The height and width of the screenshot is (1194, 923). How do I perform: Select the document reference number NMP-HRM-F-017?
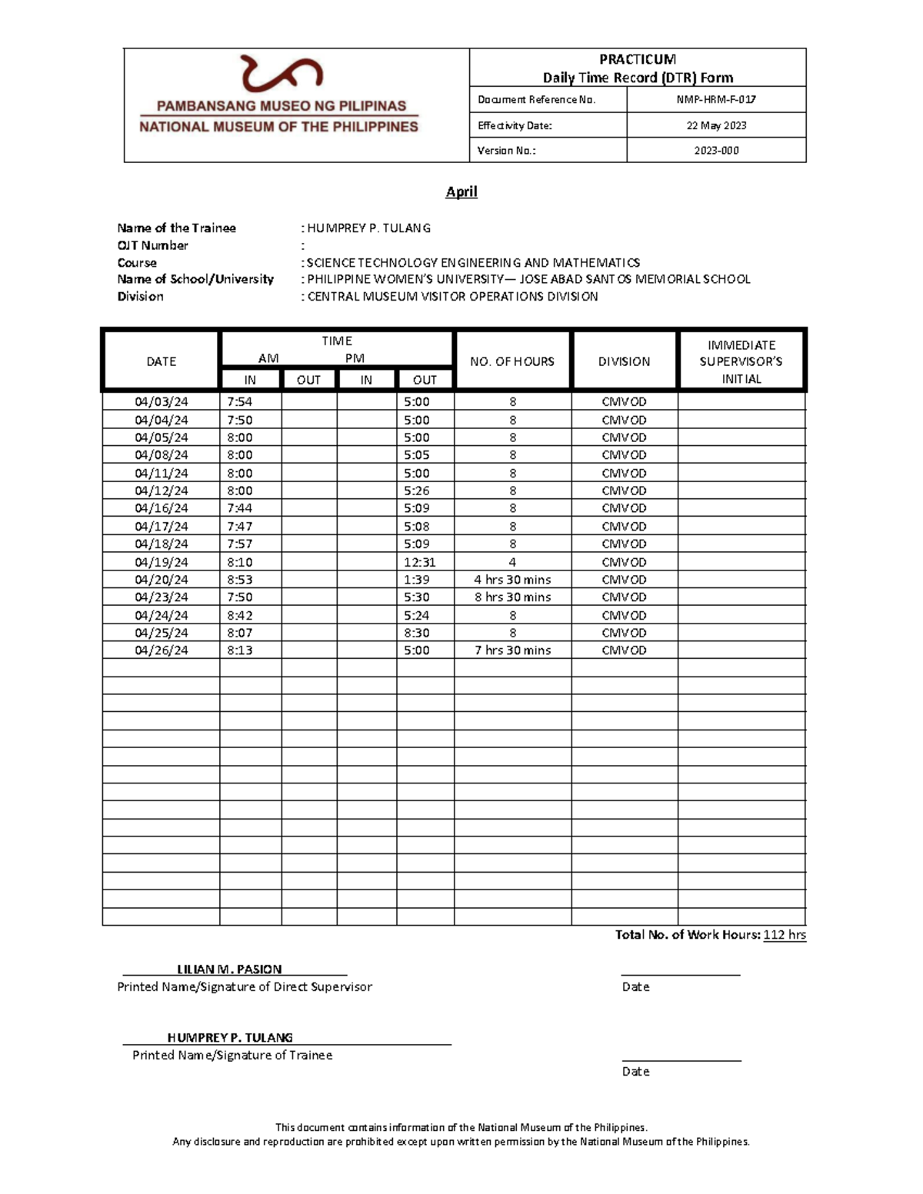click(716, 99)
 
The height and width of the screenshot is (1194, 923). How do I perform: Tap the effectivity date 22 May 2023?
click(716, 125)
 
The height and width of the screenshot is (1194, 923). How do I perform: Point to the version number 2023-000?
click(716, 151)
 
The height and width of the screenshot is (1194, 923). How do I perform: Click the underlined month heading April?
click(461, 191)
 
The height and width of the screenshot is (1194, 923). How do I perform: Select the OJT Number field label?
click(152, 245)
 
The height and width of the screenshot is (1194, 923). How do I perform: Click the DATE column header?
click(162, 361)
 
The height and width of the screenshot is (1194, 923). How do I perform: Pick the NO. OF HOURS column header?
click(512, 361)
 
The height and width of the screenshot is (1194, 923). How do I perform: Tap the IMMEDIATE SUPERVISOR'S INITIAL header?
click(741, 361)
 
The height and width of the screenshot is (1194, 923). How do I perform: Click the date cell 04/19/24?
click(162, 562)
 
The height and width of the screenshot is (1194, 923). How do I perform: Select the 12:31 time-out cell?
click(420, 562)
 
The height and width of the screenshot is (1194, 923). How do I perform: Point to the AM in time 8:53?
click(240, 580)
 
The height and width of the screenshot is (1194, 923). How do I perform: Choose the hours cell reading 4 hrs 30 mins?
click(512, 580)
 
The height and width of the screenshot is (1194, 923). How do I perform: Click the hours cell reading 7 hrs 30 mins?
click(512, 650)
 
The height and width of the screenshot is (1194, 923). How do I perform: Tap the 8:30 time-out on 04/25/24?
click(417, 633)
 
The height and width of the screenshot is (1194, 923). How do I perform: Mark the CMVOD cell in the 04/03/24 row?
click(624, 401)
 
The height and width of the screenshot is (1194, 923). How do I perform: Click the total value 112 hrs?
click(784, 935)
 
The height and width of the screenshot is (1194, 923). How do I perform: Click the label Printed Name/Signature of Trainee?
click(232, 1056)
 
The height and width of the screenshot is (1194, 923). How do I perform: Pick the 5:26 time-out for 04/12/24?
click(417, 491)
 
